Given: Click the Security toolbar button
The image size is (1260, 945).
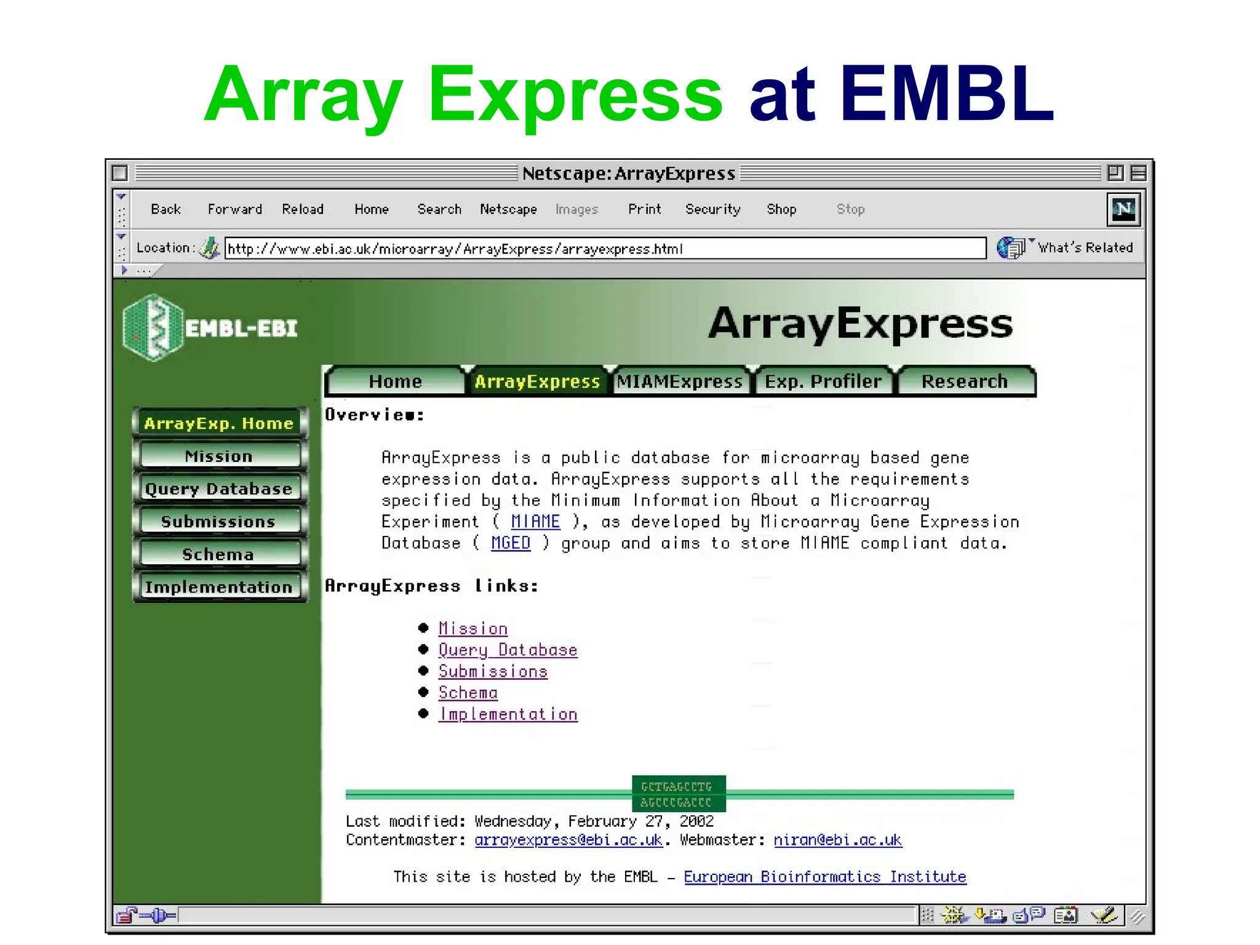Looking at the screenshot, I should pyautogui.click(x=712, y=209).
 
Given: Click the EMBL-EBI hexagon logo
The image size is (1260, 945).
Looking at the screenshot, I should pyautogui.click(x=153, y=327).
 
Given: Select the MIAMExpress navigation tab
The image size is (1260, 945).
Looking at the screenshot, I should pyautogui.click(x=679, y=381).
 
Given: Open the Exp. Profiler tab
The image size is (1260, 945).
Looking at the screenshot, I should pyautogui.click(x=823, y=381).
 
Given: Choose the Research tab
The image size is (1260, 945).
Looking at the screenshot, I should pyautogui.click(x=964, y=381).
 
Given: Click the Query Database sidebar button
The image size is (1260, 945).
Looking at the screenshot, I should pyautogui.click(x=218, y=488).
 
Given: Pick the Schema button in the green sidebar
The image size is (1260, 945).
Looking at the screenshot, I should pyautogui.click(x=218, y=554).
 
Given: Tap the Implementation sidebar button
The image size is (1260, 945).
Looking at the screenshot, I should pyautogui.click(x=218, y=587).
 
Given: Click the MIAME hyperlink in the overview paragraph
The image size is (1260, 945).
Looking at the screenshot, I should pyautogui.click(x=535, y=522).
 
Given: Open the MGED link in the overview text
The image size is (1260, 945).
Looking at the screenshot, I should pyautogui.click(x=510, y=543).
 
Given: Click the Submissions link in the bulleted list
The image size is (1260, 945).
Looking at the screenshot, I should pyautogui.click(x=493, y=671).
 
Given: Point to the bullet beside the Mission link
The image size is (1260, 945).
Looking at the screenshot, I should pyautogui.click(x=423, y=628).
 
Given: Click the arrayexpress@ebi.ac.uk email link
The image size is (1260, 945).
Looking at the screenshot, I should pyautogui.click(x=568, y=840).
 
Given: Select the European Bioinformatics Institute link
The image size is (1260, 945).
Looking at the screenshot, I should pyautogui.click(x=824, y=877).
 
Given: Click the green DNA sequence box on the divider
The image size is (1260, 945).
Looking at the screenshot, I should pyautogui.click(x=679, y=794).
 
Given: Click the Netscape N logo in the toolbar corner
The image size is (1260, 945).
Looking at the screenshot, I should pyautogui.click(x=1123, y=209).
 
